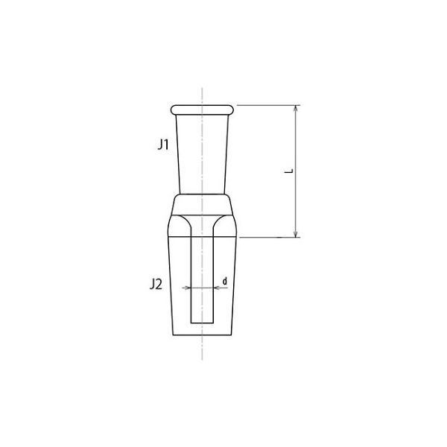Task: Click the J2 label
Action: pos(156,284)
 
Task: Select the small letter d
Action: pos(224,281)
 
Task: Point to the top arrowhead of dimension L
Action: pos(297,110)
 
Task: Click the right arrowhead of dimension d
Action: pos(215,287)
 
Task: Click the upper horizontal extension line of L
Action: pos(268,105)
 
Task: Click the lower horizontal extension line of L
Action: pos(268,238)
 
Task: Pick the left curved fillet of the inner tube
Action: pos(182,223)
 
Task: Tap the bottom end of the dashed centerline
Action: pos(203,362)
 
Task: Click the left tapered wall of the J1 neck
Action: pos(178,153)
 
